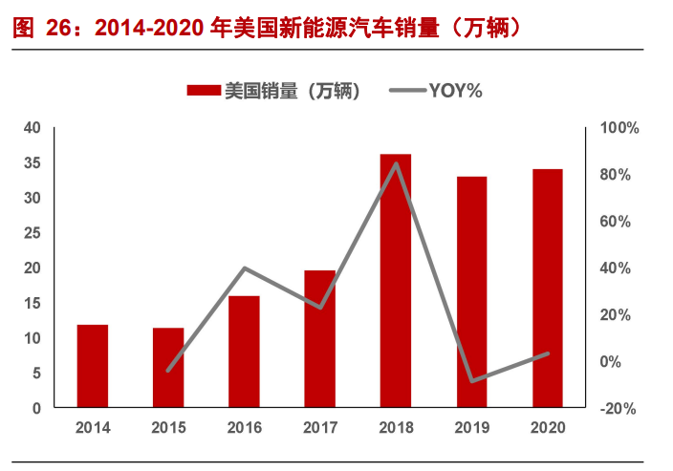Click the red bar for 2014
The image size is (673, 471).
93,366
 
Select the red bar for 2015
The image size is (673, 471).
168,368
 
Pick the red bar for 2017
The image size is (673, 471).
320,339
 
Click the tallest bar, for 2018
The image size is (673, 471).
396,281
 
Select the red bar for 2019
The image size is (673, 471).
471,292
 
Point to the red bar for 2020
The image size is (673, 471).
548,289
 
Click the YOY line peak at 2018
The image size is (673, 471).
396,163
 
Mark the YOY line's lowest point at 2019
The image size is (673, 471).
471,381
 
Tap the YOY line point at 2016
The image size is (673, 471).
244,268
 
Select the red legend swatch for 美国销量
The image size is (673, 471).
205,91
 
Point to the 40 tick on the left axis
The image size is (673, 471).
33,128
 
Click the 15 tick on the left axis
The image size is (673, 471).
33,303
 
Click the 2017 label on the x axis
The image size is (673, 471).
320,428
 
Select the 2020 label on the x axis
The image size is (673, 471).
548,428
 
